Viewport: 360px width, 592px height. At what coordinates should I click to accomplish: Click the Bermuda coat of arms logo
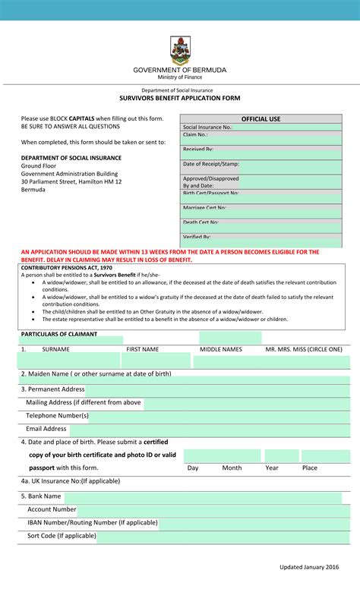click(180, 50)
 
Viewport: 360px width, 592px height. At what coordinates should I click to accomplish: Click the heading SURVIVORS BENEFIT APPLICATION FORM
click(180, 99)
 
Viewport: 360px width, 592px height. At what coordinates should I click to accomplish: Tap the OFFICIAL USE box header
click(261, 119)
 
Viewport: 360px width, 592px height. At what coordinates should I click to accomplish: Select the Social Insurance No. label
click(207, 128)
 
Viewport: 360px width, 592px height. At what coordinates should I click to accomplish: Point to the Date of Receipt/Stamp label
click(210, 164)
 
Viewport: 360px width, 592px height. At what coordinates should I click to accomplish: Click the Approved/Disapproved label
click(210, 179)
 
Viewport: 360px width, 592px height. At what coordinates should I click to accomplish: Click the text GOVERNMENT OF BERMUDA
click(180, 70)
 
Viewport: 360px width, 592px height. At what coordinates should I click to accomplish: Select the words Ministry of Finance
click(180, 77)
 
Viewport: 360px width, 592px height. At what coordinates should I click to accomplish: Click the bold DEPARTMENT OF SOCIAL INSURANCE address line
click(71, 158)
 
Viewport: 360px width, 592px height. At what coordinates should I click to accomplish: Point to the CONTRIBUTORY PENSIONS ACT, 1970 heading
click(66, 268)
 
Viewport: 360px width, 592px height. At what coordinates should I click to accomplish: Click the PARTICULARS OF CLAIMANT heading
click(59, 334)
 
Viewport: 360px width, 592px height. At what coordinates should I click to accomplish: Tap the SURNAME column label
click(55, 349)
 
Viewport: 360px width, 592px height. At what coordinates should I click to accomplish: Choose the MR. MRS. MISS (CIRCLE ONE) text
click(303, 349)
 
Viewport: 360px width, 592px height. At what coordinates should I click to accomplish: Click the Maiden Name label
click(96, 373)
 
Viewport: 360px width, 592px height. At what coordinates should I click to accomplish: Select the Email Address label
click(46, 428)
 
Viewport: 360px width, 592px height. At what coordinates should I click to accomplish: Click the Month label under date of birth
click(232, 468)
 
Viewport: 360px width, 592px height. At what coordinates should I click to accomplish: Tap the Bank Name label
click(41, 496)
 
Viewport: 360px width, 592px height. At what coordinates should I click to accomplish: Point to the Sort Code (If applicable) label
click(62, 535)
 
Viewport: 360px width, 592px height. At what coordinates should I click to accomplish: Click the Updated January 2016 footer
click(309, 567)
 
